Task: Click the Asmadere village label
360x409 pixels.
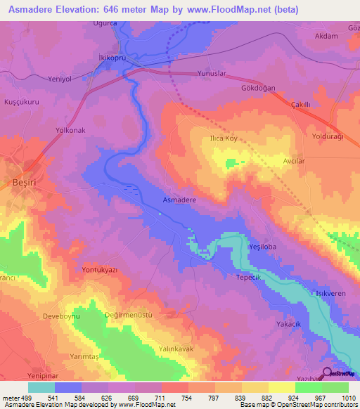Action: coord(179,200)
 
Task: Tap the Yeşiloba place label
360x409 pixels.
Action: coord(264,247)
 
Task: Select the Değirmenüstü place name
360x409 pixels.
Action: coord(128,316)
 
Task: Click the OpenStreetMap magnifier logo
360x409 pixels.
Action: coord(326,373)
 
